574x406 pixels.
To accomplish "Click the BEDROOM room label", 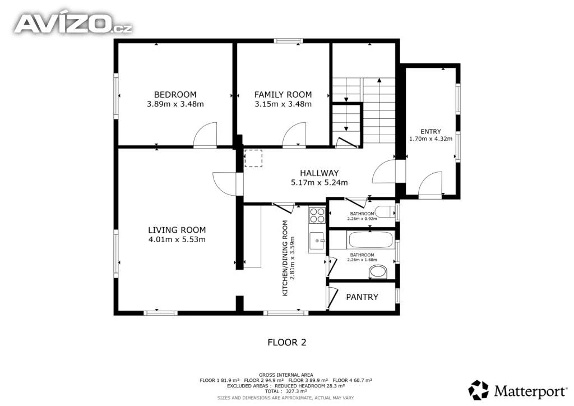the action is point(175,94).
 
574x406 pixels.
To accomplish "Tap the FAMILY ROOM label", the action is point(283,94).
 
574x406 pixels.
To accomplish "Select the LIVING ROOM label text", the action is point(177,230).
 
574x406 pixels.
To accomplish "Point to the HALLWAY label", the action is point(319,173).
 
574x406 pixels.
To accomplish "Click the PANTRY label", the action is point(362,297).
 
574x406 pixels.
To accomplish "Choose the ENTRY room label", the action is point(430,131).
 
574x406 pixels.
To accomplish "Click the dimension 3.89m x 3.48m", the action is point(175,104).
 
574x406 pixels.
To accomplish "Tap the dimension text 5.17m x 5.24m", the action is point(319,182).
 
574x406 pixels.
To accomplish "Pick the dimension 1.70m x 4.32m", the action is point(430,139).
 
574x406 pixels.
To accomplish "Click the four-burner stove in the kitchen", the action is point(317,215).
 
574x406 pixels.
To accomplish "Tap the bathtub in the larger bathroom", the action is point(371,240).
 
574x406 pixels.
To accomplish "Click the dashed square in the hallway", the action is point(253,158).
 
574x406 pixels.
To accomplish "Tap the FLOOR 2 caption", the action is point(287,342).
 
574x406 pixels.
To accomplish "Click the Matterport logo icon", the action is point(479,390).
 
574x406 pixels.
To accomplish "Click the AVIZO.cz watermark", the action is point(73,24).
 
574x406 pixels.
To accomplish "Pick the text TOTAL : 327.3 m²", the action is point(286,391).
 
